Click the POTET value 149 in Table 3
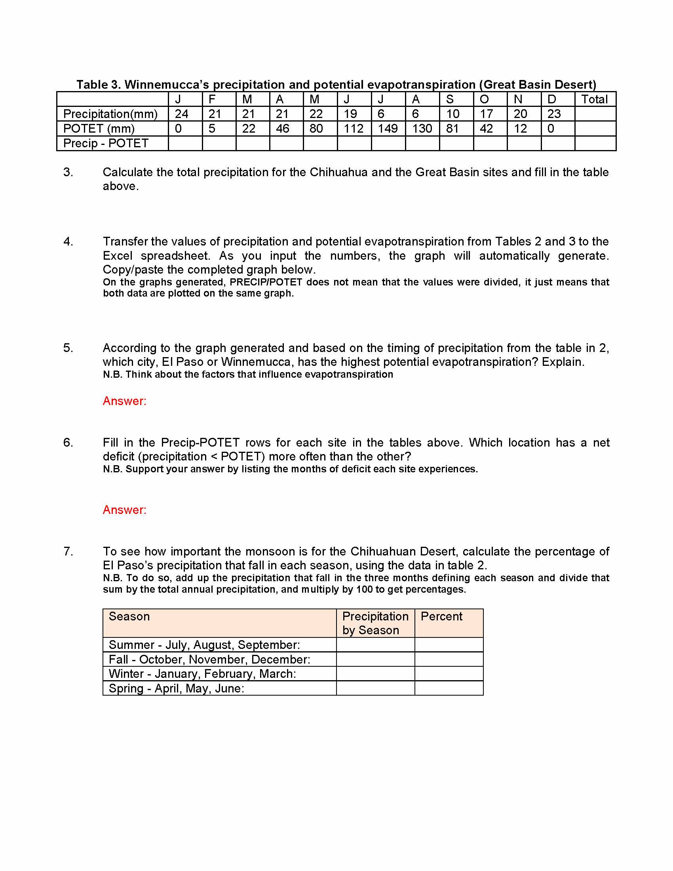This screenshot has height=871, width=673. (x=388, y=128)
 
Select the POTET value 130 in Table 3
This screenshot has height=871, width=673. (x=422, y=128)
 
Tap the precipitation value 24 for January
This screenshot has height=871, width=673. (x=181, y=114)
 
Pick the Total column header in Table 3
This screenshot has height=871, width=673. (x=594, y=99)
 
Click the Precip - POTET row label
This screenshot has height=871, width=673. (x=106, y=143)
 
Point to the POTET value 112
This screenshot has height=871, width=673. (x=354, y=128)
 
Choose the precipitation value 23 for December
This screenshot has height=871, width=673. (x=554, y=114)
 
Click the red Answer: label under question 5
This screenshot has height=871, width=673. (x=124, y=401)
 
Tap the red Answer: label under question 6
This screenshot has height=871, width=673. (x=124, y=510)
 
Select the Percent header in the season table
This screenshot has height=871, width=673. (x=441, y=616)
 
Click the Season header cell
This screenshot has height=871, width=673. (x=129, y=616)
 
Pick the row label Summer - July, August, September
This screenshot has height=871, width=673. (x=204, y=645)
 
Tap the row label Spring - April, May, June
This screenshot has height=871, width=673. (x=176, y=688)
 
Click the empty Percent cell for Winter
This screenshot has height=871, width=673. (x=449, y=674)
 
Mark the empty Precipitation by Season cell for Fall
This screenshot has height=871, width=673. (x=375, y=660)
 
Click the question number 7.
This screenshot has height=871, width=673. (x=68, y=552)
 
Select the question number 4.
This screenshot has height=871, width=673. (x=68, y=242)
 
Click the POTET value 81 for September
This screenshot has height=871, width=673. (x=452, y=128)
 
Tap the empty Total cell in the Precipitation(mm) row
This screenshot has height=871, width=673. (x=595, y=114)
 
